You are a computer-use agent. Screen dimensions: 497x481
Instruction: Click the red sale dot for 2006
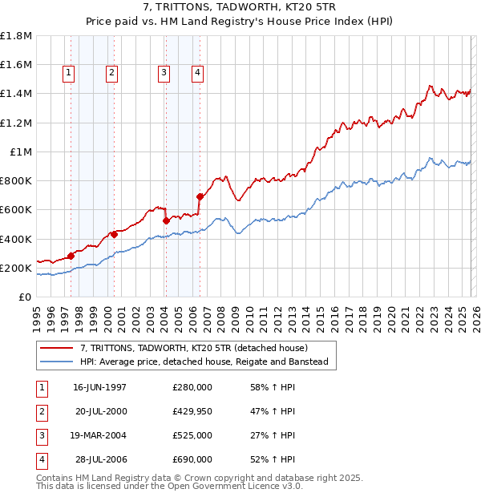coord(200,196)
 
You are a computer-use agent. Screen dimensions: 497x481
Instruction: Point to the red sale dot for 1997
coord(71,256)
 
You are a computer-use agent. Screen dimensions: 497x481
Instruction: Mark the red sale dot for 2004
coord(166,220)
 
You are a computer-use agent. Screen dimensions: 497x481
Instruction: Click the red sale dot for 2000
coord(115,234)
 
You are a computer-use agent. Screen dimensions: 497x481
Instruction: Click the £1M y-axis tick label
coord(20,152)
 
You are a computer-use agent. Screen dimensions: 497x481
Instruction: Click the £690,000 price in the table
coord(192,459)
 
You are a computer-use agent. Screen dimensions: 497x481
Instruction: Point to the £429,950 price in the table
coord(192,411)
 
